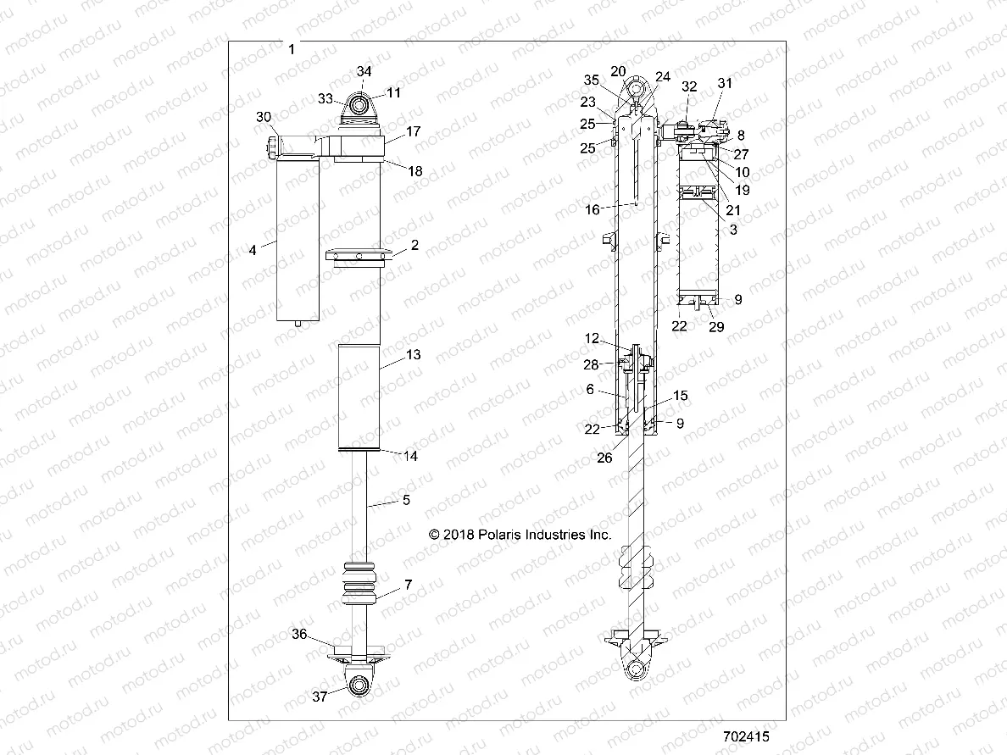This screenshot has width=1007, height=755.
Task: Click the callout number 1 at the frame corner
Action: [x=292, y=49]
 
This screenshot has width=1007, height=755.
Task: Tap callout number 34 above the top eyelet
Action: [x=364, y=71]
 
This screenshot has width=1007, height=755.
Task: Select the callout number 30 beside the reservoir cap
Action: [x=264, y=116]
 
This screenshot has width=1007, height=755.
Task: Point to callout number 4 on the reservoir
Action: [x=253, y=250]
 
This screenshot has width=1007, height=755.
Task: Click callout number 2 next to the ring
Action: [x=415, y=246]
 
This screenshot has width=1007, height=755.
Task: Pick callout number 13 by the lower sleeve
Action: [x=413, y=356]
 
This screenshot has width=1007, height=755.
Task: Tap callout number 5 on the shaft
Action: [x=406, y=501]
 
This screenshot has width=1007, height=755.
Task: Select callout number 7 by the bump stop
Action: [x=408, y=585]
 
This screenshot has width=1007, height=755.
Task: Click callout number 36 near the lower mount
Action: [x=299, y=634]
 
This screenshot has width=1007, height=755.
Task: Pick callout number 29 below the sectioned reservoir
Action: [x=716, y=327]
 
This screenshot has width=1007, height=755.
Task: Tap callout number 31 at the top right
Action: [x=724, y=83]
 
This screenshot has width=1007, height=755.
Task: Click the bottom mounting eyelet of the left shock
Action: [x=359, y=685]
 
